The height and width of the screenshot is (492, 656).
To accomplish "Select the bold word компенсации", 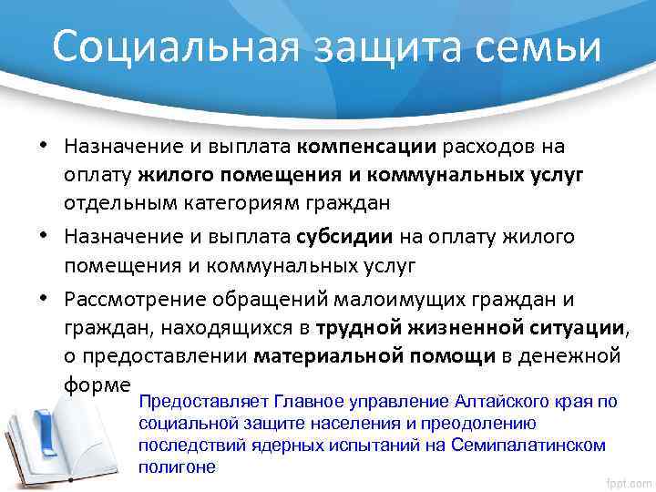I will (x=370, y=146).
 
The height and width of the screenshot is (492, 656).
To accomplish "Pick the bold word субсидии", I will (x=345, y=237).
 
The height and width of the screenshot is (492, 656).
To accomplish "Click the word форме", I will (x=97, y=382).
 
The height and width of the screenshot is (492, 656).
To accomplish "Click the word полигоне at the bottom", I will (x=178, y=466).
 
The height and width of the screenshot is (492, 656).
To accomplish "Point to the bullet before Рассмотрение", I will (x=44, y=300).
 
